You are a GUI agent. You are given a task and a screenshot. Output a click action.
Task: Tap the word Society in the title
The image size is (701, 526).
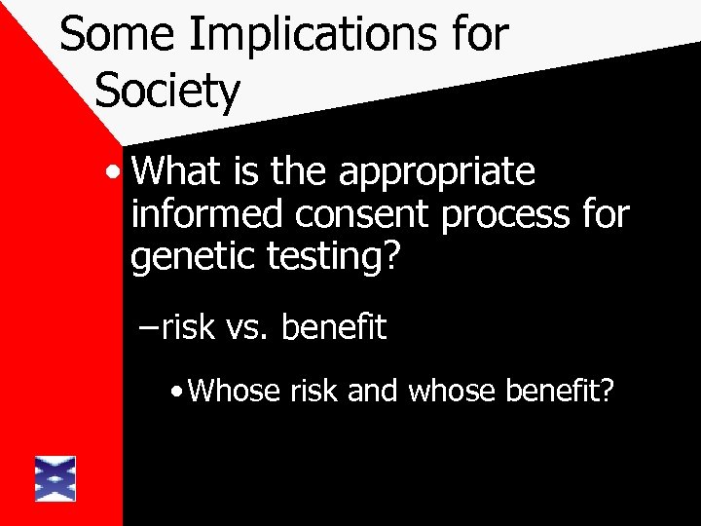(167, 92)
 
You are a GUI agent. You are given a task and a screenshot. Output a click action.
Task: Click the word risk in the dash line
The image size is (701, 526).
(188, 328)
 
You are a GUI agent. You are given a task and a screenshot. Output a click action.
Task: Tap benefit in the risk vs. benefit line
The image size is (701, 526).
(334, 328)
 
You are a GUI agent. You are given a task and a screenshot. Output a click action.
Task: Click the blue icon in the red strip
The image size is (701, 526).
(55, 478)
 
